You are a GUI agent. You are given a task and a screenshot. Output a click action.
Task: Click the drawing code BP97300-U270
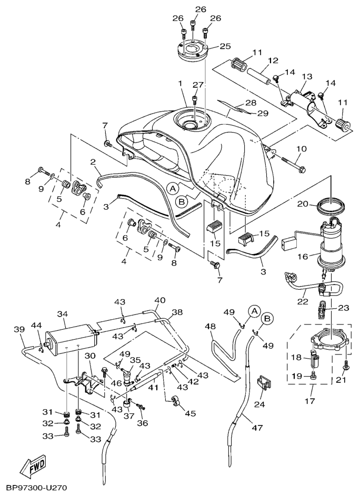(37, 489)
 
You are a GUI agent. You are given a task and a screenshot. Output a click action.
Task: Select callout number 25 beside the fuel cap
(225, 46)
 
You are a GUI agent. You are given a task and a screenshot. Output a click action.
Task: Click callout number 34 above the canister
(63, 314)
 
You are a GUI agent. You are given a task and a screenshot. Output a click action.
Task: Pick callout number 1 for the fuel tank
(179, 84)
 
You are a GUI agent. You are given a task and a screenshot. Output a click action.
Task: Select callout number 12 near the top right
(272, 60)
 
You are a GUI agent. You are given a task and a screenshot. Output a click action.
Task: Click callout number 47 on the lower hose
(256, 428)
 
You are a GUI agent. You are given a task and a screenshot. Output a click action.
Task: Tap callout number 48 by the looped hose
(210, 327)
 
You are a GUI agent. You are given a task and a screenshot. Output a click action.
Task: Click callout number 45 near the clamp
(190, 413)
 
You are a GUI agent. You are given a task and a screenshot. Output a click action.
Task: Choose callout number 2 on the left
(92, 161)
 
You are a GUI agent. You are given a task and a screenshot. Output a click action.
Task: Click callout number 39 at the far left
(19, 329)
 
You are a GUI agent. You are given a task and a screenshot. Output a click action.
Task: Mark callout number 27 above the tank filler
(197, 85)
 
